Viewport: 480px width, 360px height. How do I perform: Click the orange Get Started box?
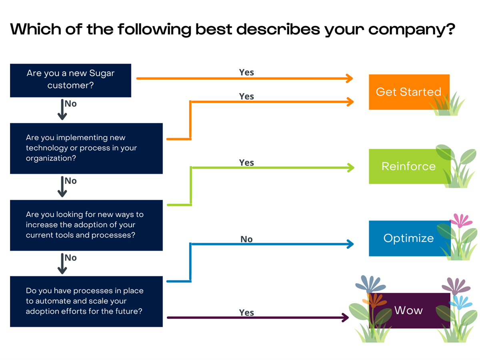[409, 92]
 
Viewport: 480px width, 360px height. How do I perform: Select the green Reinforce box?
[409, 166]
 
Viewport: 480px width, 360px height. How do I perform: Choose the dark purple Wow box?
[409, 311]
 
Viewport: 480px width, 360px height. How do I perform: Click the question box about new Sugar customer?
[71, 80]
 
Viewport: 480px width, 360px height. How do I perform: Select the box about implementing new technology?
[86, 149]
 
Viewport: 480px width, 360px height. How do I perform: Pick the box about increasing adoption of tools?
[86, 225]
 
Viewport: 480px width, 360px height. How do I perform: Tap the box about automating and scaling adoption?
[86, 302]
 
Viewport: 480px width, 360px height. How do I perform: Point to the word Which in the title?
[36, 29]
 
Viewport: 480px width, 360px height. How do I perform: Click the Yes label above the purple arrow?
[246, 312]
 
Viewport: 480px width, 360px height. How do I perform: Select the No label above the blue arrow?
[246, 239]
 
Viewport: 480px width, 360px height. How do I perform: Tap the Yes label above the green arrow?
[246, 163]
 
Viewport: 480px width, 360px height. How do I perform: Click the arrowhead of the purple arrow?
[346, 318]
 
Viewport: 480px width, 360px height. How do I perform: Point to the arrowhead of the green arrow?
[351, 168]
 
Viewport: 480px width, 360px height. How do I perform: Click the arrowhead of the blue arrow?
[350, 244]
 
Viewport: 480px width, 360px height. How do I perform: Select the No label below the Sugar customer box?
[71, 104]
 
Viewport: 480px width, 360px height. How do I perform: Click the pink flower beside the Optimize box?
[461, 220]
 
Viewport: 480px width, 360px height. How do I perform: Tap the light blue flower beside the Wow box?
[460, 302]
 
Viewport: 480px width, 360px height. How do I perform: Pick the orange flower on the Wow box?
[374, 300]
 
